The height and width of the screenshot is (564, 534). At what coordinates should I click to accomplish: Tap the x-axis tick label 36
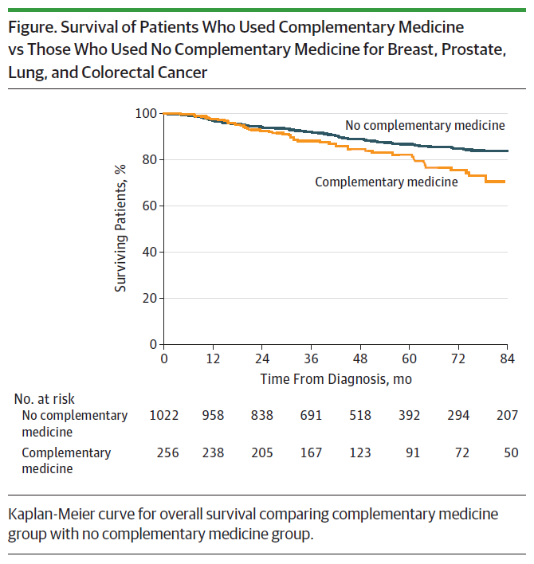pyautogui.click(x=311, y=358)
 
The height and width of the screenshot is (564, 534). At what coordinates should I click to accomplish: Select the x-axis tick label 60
pyautogui.click(x=409, y=358)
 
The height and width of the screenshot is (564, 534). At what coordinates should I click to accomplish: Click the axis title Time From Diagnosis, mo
pyautogui.click(x=336, y=379)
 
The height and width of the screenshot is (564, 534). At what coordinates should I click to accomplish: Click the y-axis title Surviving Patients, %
pyautogui.click(x=120, y=228)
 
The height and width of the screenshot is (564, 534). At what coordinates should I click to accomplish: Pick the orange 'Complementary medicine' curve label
pyautogui.click(x=387, y=182)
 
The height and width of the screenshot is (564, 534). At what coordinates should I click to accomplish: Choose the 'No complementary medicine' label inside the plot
pyautogui.click(x=425, y=125)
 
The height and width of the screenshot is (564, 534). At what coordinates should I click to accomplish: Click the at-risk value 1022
pyautogui.click(x=163, y=415)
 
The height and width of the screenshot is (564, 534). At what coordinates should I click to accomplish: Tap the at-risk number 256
pyautogui.click(x=163, y=452)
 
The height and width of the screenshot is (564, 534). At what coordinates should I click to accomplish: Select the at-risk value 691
pyautogui.click(x=311, y=415)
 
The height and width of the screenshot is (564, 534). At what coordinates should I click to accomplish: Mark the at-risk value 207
pyautogui.click(x=507, y=415)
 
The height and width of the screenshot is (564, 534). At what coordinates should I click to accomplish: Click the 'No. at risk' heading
pyautogui.click(x=45, y=399)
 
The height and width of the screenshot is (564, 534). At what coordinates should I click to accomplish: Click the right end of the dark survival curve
pyautogui.click(x=507, y=151)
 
